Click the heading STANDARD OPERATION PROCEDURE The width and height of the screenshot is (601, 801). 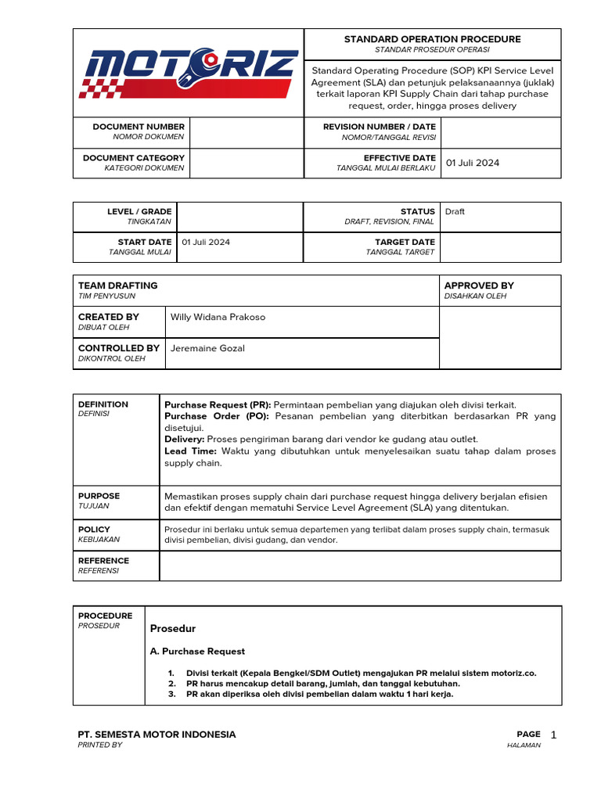tap(432, 39)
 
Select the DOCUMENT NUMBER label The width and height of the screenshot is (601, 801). tap(139, 126)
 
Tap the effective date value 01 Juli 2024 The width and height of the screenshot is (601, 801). tap(472, 163)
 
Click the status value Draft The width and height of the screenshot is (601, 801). tap(455, 212)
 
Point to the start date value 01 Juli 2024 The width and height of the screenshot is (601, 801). tap(206, 242)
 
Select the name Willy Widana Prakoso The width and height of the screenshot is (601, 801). tap(218, 317)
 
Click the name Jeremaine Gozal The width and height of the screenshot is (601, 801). tap(207, 348)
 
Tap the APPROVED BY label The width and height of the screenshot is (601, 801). tap(479, 286)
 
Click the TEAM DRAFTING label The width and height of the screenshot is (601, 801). tap(117, 286)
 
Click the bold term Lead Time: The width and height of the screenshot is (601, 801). tap(190, 451)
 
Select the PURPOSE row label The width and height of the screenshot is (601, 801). tap(99, 496)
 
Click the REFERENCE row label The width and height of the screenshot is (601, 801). tap(103, 561)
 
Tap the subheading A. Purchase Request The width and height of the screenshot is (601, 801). tap(197, 651)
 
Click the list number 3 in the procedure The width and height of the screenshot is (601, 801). tap(171, 694)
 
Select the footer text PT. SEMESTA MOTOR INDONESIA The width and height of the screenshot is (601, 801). tap(157, 735)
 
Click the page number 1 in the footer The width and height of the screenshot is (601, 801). tap(553, 735)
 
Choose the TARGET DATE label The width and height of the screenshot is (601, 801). tap(405, 242)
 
